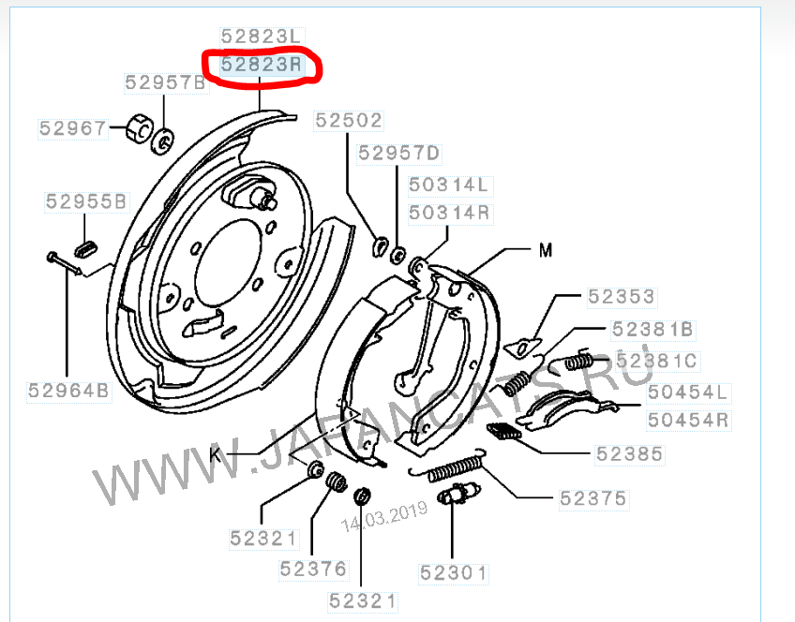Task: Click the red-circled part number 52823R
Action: point(262,65)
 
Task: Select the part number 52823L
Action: point(262,37)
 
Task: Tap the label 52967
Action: point(73,128)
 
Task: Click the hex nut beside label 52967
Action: point(139,128)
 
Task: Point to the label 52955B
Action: point(86,201)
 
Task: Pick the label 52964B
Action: point(69,391)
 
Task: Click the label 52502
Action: point(349,121)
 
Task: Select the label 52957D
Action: point(399,153)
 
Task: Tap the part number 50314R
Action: point(449,213)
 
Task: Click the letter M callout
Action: point(546,250)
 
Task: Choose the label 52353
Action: point(622,297)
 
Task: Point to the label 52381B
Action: point(652,329)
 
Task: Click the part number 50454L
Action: point(688,392)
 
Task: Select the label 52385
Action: point(629,454)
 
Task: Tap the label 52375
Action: point(593,499)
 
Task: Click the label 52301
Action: point(454,573)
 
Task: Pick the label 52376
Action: point(313,570)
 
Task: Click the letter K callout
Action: point(216,455)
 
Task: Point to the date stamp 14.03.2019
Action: point(383,517)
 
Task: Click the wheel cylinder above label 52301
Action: point(458,493)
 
